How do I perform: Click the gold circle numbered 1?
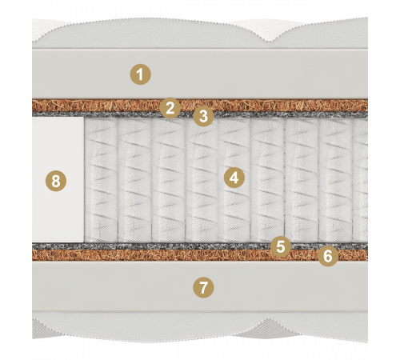click(140, 74)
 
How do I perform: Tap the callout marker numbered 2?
click(170, 108)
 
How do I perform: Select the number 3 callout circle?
click(203, 116)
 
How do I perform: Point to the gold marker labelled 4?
click(234, 178)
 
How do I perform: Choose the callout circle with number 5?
click(281, 246)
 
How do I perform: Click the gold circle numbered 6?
click(328, 256)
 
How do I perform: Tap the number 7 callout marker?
click(203, 288)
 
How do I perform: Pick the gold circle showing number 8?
click(56, 181)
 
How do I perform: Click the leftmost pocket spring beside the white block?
click(101, 180)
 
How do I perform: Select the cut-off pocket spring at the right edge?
click(360, 180)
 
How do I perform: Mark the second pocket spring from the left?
click(134, 180)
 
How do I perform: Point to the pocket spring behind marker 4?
click(234, 180)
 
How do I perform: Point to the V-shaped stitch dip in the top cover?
click(271, 42)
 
